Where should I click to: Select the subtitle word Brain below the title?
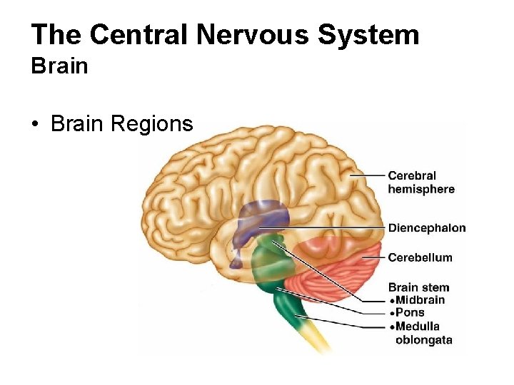(59, 66)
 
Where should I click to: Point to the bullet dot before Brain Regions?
(34, 125)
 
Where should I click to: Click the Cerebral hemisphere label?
(420, 182)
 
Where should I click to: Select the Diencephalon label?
(426, 228)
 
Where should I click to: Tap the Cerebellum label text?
(420, 257)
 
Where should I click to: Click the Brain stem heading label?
(418, 287)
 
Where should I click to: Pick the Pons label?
(410, 312)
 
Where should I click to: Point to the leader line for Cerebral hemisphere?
(367, 175)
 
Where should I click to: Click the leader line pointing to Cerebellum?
(373, 257)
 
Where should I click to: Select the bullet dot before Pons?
(391, 313)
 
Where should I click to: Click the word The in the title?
(56, 34)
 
